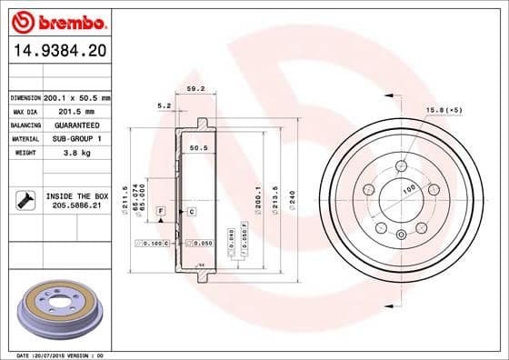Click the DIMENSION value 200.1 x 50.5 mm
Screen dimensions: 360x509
pos(76,97)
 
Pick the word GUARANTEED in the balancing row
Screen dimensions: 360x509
pos(76,125)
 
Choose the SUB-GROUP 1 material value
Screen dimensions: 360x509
pos(76,138)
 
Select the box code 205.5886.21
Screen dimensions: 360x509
pos(76,206)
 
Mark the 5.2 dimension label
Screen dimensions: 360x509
pos(165,106)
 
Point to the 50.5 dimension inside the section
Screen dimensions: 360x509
pos(199,147)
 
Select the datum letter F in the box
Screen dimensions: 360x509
pos(161,211)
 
